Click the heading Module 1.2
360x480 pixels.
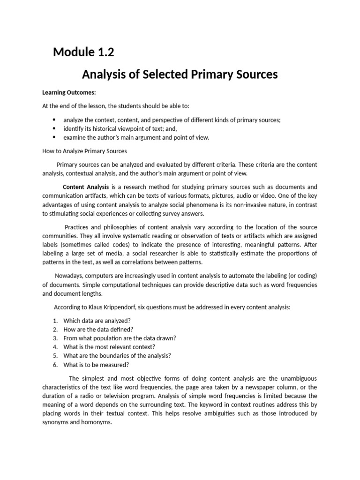click(83, 52)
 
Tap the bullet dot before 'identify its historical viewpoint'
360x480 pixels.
click(54, 128)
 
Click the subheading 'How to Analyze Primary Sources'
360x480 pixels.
click(84, 151)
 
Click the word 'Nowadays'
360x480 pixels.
click(70, 276)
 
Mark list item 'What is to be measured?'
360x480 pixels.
click(96, 365)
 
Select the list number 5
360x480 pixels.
click(55, 356)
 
